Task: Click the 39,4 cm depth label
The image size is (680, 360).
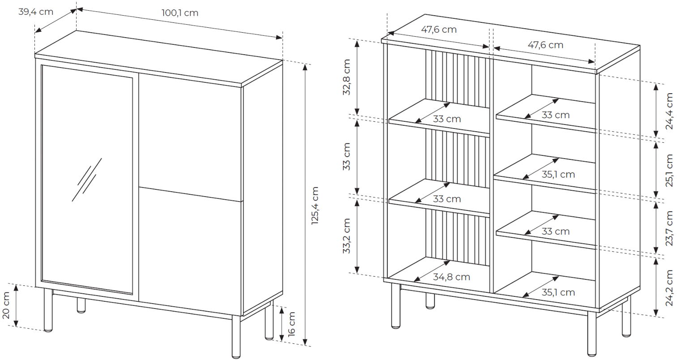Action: click(35, 12)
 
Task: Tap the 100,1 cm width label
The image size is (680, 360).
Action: click(180, 13)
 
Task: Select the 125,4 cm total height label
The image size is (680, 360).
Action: click(315, 206)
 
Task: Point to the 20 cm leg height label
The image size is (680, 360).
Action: click(6, 305)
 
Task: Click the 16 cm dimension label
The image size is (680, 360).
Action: click(291, 324)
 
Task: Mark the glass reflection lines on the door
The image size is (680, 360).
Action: click(87, 180)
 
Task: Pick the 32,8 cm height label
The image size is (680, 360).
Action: click(346, 77)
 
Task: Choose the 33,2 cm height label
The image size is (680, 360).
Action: click(346, 236)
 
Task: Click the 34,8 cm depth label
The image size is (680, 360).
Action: click(451, 277)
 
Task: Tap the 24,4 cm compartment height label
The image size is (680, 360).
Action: click(669, 111)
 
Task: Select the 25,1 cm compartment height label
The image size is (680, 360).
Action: click(669, 170)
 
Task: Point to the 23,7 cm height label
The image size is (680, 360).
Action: click(669, 228)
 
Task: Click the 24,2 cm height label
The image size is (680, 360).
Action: click(669, 288)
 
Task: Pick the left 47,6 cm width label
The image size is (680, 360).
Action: click(439, 30)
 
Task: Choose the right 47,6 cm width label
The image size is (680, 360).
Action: click(546, 45)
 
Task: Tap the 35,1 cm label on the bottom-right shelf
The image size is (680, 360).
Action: click(558, 292)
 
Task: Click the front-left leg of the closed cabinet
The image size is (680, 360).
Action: click(48, 309)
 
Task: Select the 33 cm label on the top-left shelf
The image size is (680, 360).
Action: click(447, 119)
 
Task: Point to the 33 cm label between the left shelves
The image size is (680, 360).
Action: click(346, 157)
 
